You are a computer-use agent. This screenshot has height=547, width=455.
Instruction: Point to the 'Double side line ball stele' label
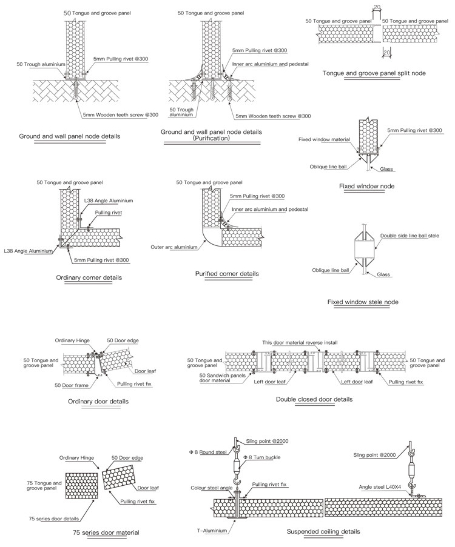click(409, 235)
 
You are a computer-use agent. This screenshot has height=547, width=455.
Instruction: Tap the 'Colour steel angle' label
click(212, 488)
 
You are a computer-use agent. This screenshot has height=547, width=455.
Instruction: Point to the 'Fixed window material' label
click(324, 139)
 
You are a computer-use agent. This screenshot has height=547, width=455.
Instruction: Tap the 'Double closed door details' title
click(314, 399)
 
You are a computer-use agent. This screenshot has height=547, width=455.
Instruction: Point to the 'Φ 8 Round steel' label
click(209, 451)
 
